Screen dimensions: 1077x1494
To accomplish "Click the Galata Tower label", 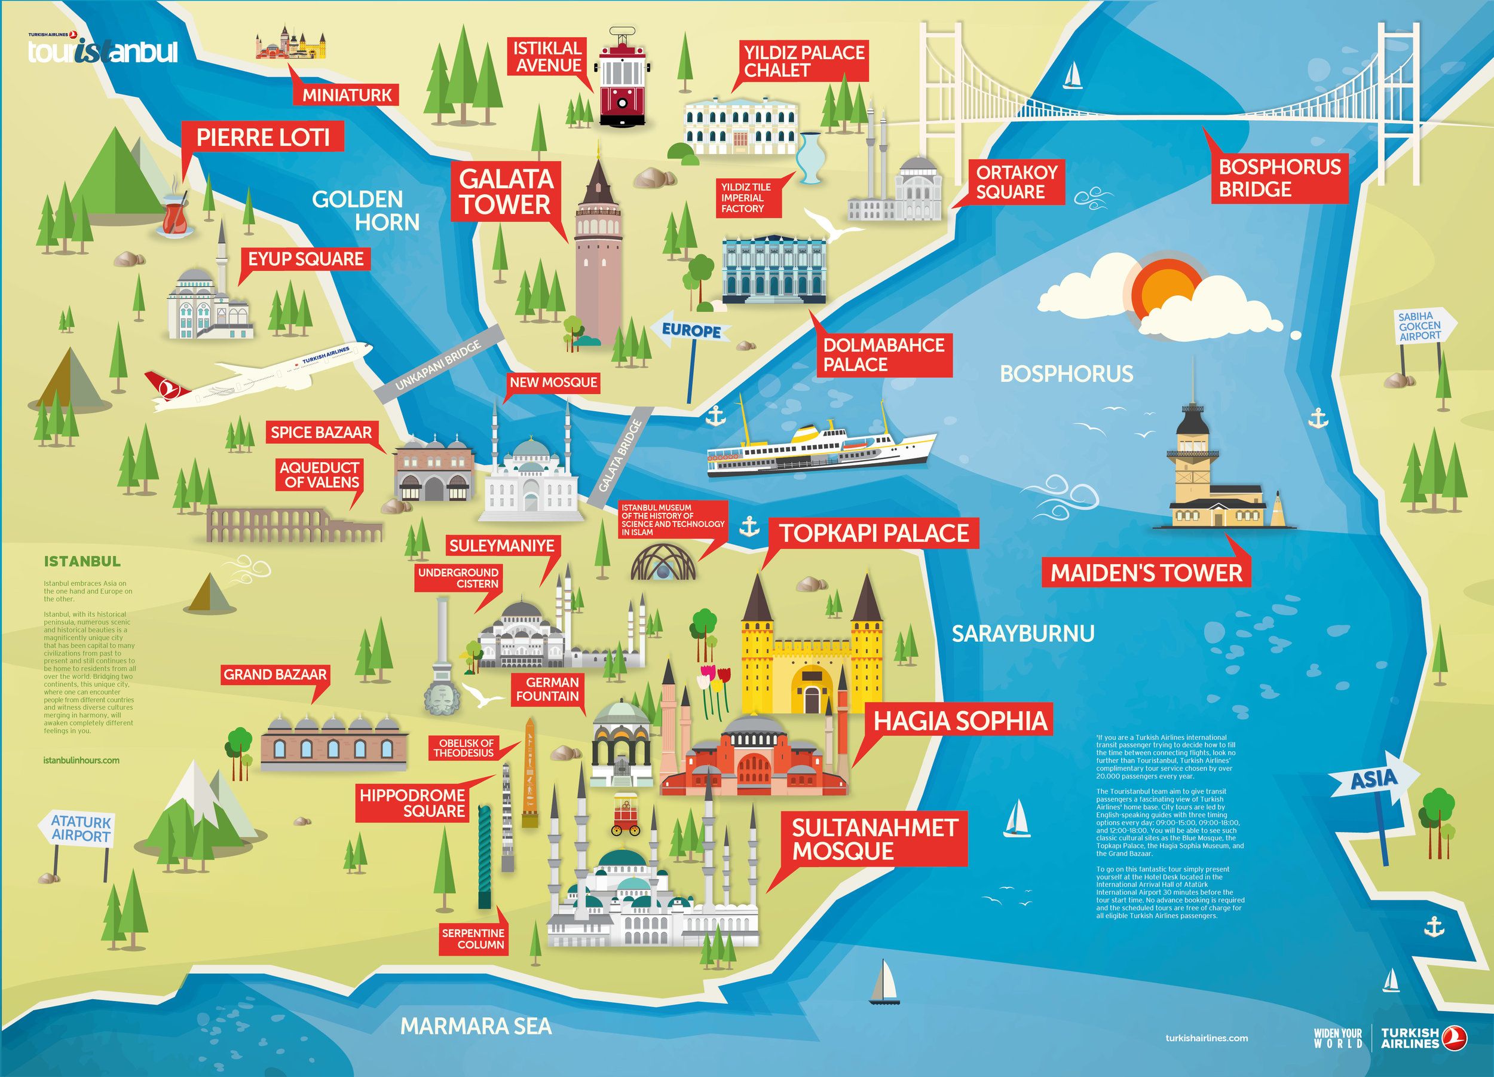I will pos(505,192).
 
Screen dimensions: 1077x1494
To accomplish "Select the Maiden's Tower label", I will pos(1146,573).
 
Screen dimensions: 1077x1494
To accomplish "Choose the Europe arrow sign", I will pos(691,331).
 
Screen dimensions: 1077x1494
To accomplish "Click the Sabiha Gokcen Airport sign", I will pos(1419,327).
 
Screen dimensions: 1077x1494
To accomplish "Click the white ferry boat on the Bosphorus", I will pos(820,448).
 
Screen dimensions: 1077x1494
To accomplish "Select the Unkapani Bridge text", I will pos(439,366).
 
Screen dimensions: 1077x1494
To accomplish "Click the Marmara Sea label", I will pos(476,1026).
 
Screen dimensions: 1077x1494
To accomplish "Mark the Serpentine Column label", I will pos(473,939).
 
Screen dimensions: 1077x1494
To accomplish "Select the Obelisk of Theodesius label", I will pos(464,748).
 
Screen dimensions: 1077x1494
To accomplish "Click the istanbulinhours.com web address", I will pos(82,760).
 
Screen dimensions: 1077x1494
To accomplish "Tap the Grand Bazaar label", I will pos(275,675).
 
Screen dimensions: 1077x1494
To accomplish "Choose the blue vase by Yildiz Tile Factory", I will pos(809,158).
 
